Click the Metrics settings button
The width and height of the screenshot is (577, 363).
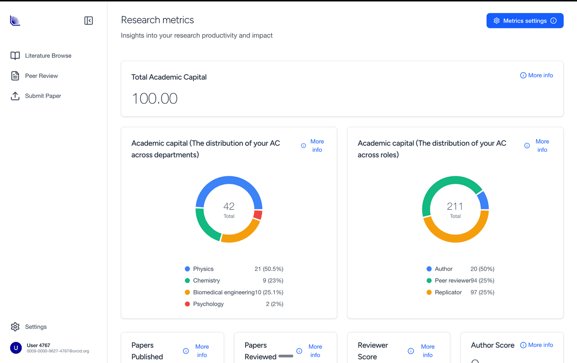click(525, 21)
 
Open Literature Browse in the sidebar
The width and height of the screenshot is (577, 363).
click(48, 56)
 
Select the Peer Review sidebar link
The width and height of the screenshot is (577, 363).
click(41, 76)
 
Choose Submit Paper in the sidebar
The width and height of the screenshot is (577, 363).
click(43, 96)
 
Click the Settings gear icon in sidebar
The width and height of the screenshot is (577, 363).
click(15, 327)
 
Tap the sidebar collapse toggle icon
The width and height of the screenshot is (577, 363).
click(88, 21)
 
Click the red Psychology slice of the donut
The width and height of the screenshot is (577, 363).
click(258, 215)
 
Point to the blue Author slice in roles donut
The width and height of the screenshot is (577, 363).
click(483, 200)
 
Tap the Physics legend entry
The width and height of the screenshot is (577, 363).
click(203, 269)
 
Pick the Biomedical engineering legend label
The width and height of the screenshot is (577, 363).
click(224, 292)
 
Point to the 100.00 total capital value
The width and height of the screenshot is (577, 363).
click(154, 99)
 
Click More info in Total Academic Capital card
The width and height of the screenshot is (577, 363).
click(537, 75)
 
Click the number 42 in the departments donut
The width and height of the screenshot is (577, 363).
click(229, 206)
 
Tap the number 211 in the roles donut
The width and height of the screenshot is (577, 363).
click(455, 206)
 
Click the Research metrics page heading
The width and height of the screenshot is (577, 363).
click(157, 20)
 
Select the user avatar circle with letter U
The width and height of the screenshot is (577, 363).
click(16, 348)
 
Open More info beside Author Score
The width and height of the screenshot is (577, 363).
click(537, 345)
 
